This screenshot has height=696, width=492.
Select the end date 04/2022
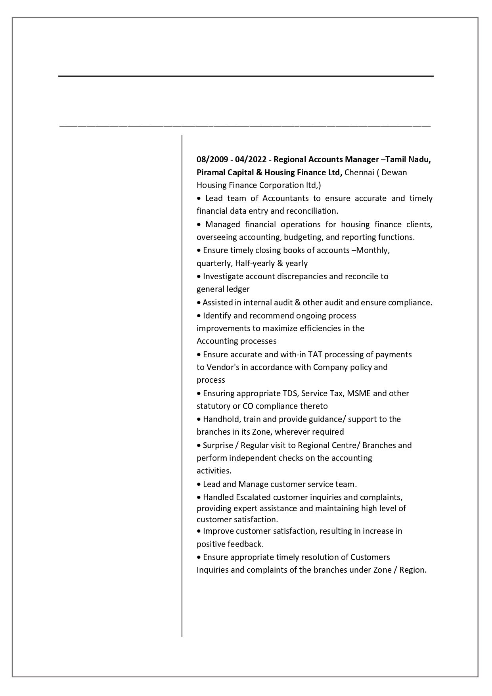251,159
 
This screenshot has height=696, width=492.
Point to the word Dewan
394,173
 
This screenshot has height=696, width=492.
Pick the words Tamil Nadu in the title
408,159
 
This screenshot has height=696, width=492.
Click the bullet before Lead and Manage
199,485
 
